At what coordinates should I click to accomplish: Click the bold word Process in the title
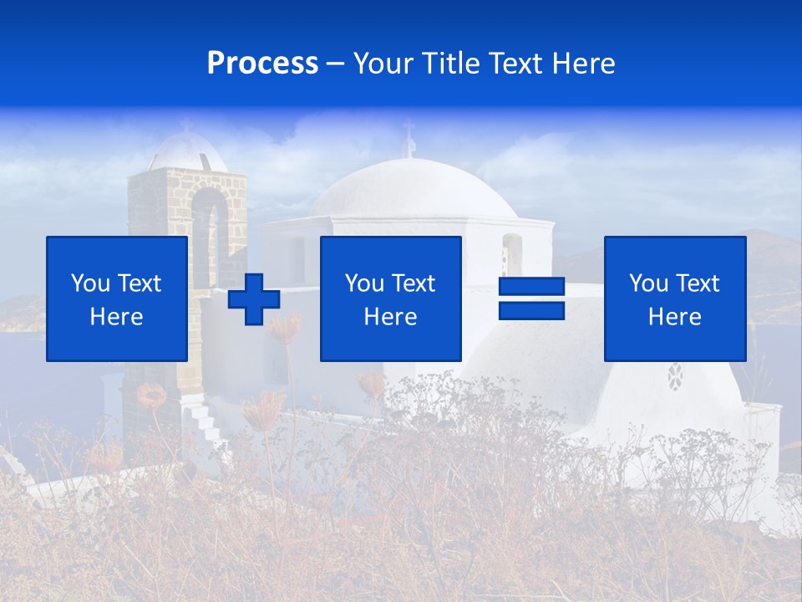tap(262, 64)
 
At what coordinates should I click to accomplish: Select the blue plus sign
tap(254, 299)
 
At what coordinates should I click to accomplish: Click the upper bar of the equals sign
tap(531, 287)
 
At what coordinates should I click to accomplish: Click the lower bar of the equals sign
tap(531, 311)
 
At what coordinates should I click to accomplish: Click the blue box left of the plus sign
tap(117, 298)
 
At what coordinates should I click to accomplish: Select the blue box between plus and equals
tap(390, 298)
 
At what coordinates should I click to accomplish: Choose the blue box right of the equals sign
tap(674, 298)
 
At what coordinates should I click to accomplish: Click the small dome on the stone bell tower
tap(186, 152)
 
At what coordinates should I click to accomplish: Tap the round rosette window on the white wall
tap(675, 375)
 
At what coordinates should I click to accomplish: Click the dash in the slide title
tap(335, 64)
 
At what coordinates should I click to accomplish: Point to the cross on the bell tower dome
tap(185, 125)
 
